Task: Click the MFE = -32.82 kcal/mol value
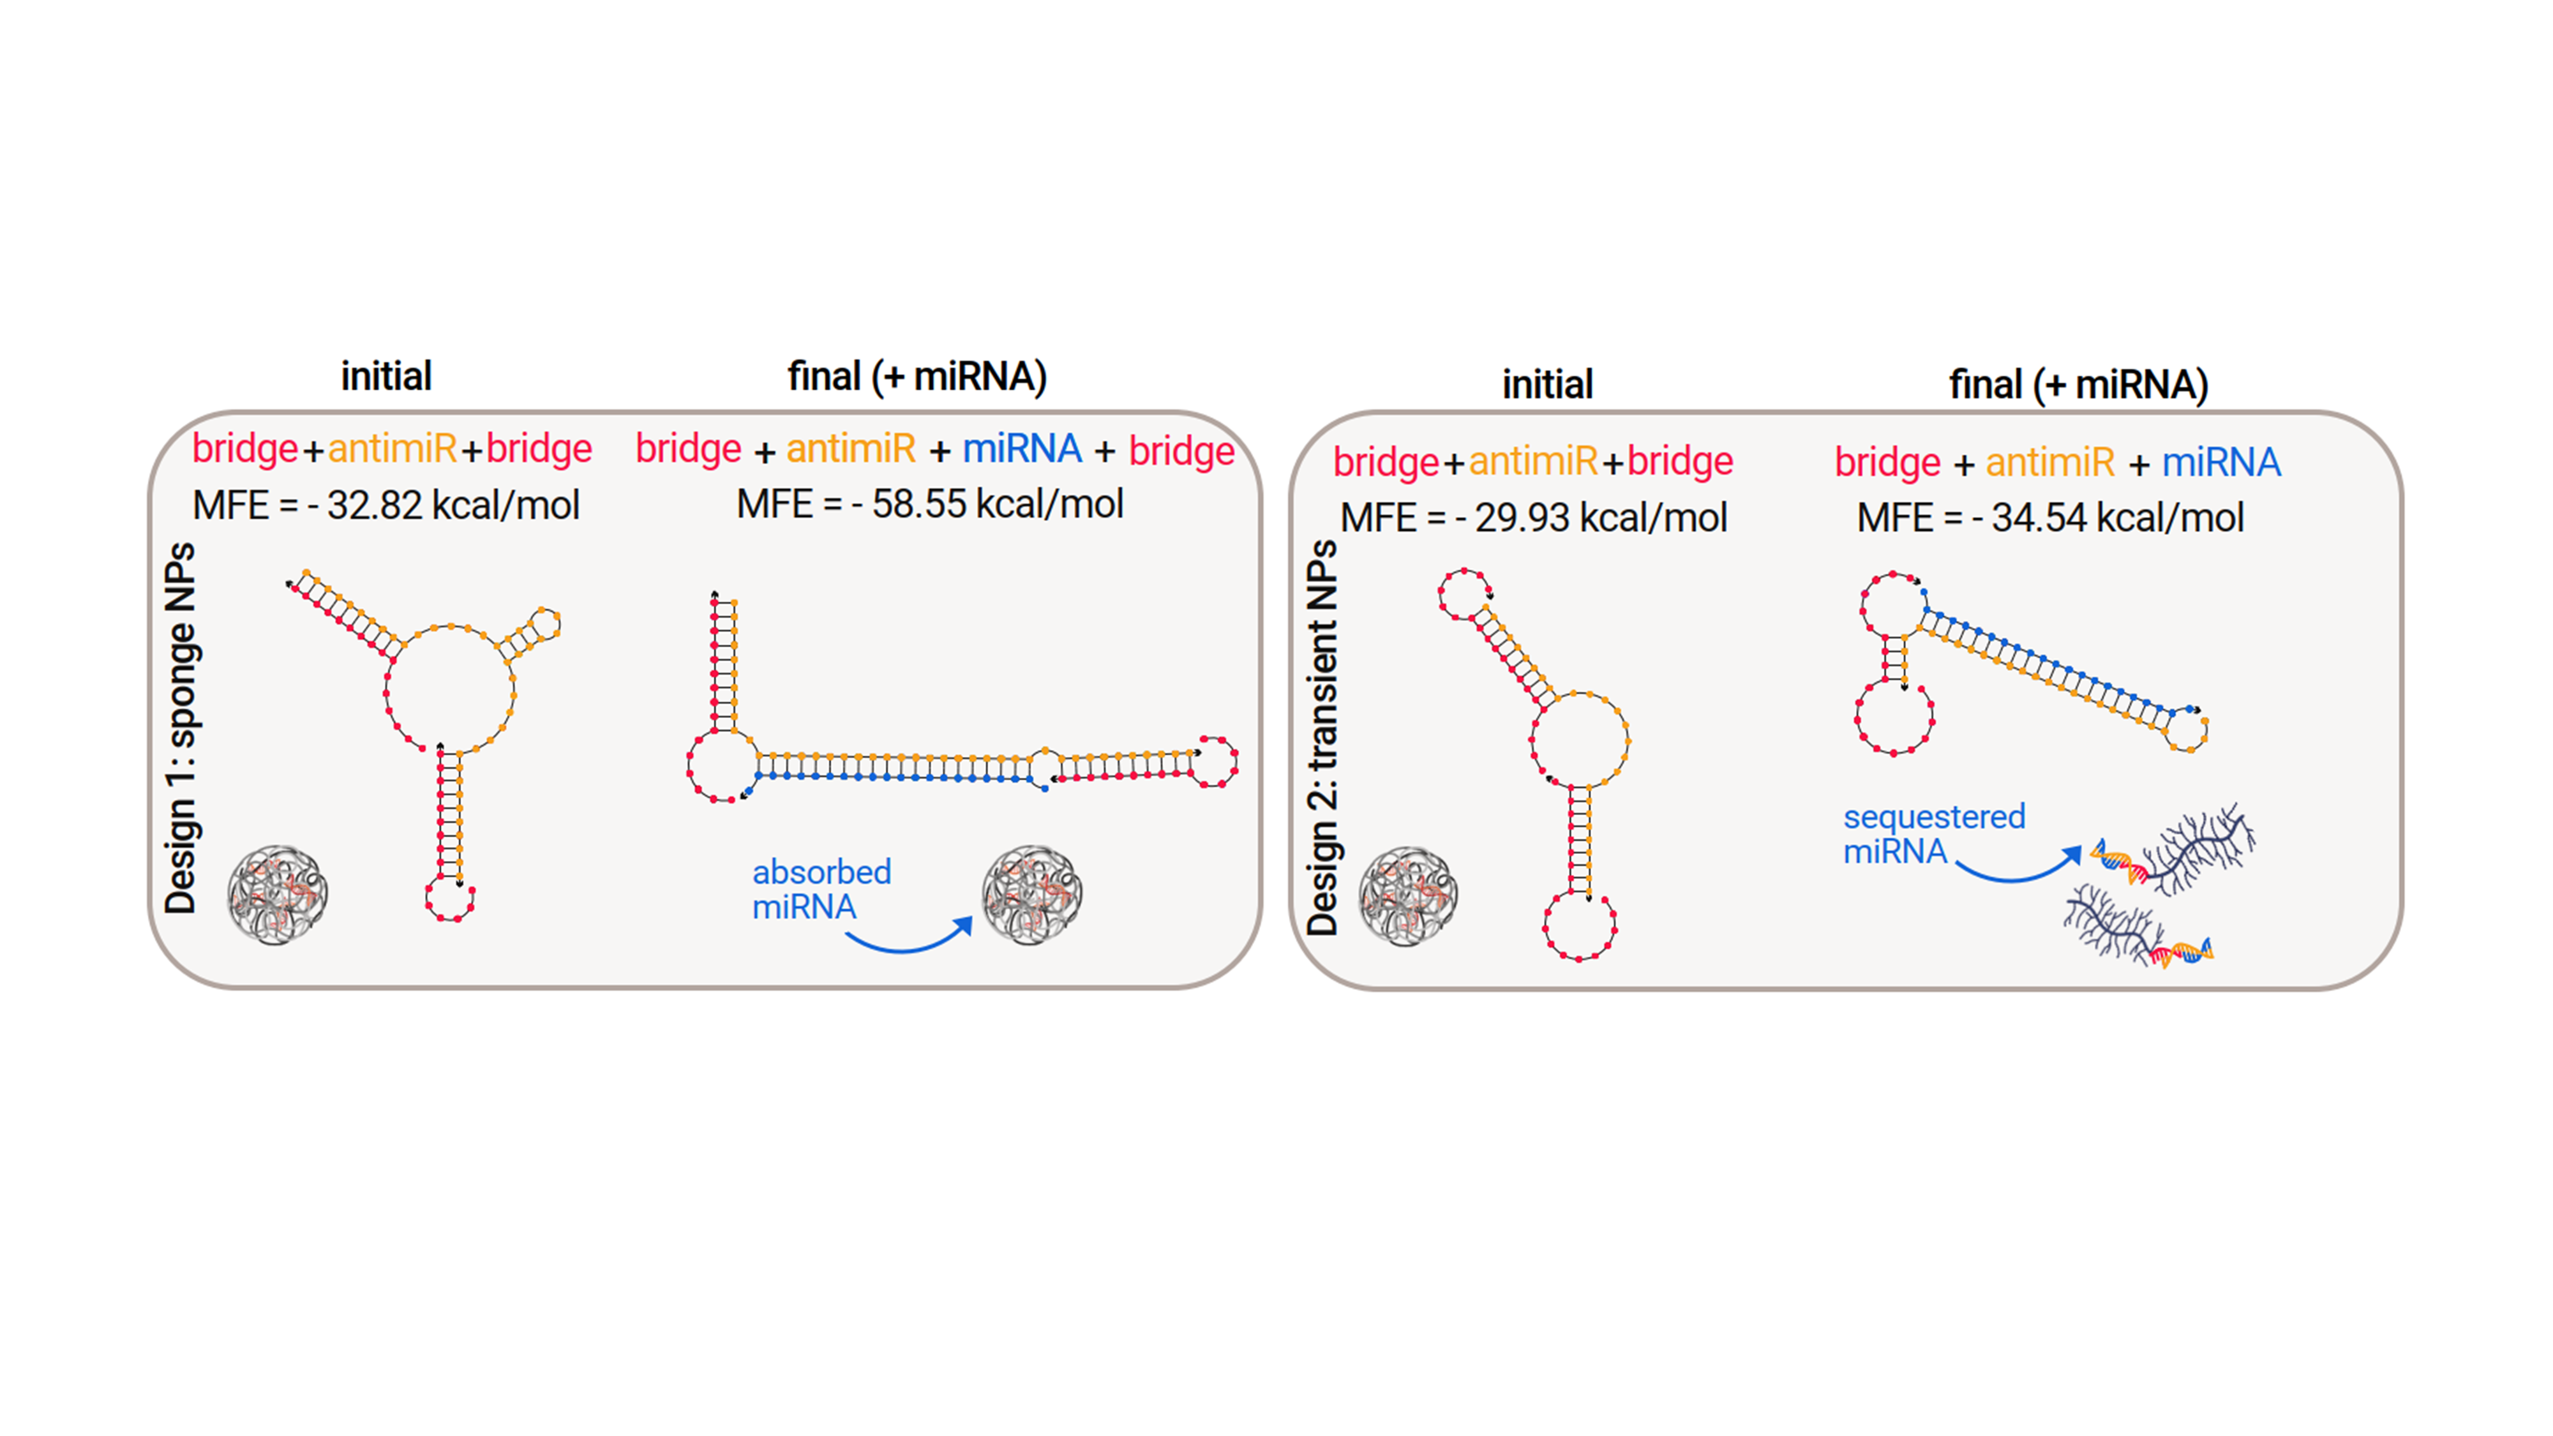386,505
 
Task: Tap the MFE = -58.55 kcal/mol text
930,504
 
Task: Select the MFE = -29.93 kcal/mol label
1533,518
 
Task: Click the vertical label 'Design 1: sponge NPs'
181,728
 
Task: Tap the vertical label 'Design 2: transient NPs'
1322,738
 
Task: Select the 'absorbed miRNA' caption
821,889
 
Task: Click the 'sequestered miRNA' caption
1934,834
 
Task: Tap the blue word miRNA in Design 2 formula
2221,462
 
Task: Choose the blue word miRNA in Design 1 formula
1022,449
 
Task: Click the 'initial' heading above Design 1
387,377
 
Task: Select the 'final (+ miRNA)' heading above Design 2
2078,384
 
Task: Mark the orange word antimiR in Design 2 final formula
2049,462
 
